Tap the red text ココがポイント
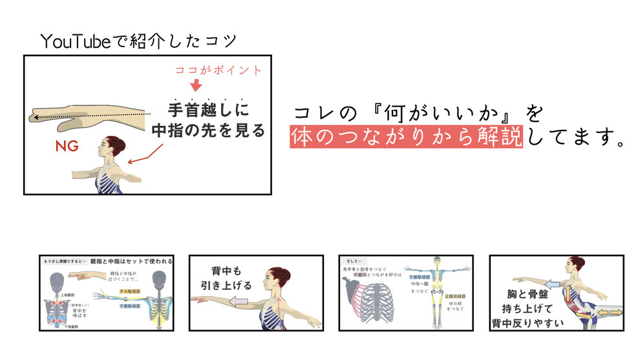click(219, 70)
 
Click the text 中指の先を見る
click(208, 130)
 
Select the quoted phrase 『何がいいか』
click(425, 113)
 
